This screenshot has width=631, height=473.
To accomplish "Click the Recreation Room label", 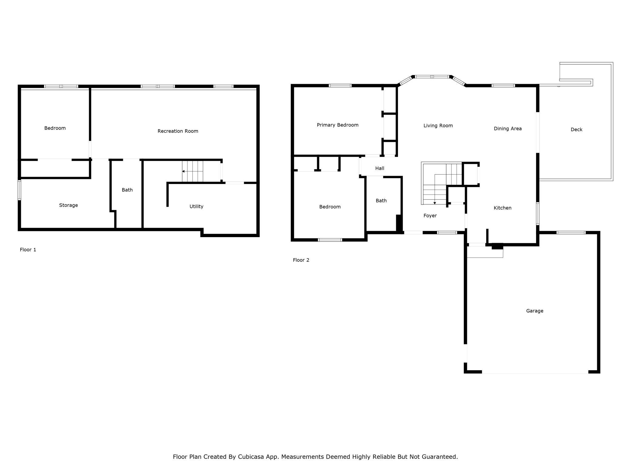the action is pos(178,131).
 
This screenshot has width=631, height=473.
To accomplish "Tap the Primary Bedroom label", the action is pos(338,125).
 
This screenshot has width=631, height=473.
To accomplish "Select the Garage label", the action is pos(535,311).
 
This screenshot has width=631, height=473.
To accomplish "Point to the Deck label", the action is pos(576,129).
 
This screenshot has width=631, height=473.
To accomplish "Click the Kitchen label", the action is pos(503,208).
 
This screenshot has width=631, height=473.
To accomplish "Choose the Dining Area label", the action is pos(508,129).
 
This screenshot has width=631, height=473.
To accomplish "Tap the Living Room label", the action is pos(438,126).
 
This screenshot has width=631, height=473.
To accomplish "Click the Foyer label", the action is pos(430,216).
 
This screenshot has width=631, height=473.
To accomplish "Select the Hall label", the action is pos(380,168).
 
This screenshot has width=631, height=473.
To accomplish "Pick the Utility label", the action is pos(196,206).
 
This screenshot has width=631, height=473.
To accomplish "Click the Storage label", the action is pos(69,205).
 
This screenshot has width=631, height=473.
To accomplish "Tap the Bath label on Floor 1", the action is pos(127,190).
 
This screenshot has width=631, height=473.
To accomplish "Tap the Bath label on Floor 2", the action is pos(381,200).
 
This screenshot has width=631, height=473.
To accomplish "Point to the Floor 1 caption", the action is pos(28,250).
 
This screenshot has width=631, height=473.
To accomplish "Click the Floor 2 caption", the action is pos(301,260).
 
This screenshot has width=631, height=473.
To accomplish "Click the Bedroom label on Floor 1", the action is pos(55,128).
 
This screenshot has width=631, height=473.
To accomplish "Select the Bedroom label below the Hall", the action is pos(330,207).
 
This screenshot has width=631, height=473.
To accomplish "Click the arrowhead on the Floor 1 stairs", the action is pos(183,171).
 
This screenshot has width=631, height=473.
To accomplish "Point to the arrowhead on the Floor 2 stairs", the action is pos(435,203).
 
